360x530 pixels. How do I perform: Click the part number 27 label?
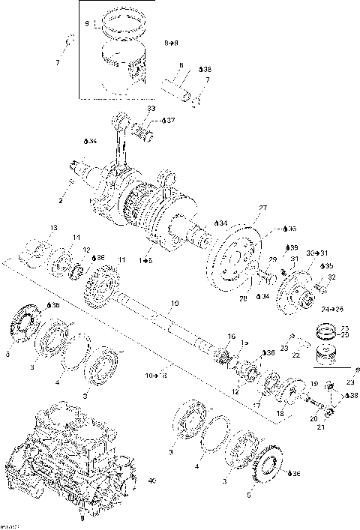[x=263, y=208]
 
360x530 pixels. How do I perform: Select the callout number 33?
[x=151, y=109]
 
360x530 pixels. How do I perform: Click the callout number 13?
[x=53, y=227]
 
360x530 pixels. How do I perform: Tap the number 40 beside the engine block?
[x=152, y=480]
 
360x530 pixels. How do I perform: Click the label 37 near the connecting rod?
[x=170, y=120]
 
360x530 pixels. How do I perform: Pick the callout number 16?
[x=231, y=336]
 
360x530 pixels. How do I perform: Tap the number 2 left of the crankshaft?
[x=61, y=201]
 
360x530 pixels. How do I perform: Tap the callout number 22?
[x=296, y=355]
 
